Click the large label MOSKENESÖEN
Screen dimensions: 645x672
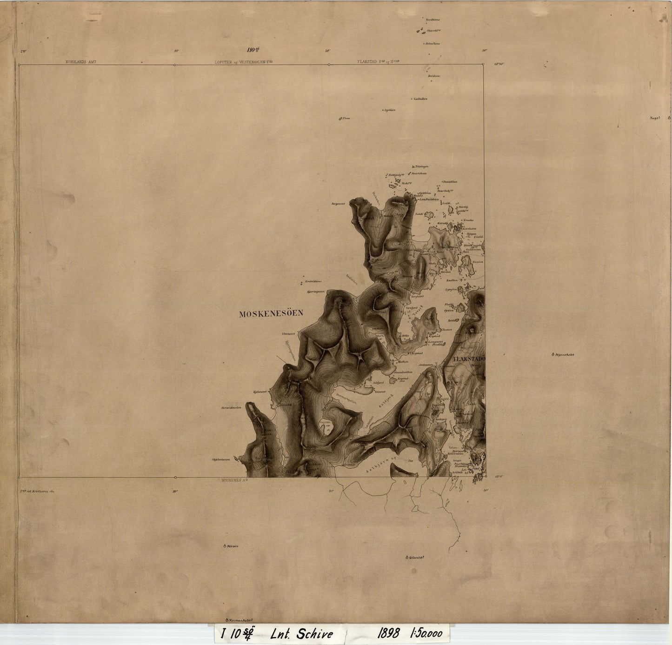tap(271, 314)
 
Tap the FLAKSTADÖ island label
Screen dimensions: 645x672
tap(469, 359)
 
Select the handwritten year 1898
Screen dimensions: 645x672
tap(389, 633)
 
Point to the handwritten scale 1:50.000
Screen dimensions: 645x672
tap(426, 633)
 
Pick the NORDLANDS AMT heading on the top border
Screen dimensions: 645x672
tap(80, 61)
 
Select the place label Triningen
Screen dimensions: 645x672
tap(421, 166)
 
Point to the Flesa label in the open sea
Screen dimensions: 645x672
tap(346, 119)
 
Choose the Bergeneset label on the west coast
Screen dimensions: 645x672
tap(339, 204)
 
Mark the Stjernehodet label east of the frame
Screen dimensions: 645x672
tap(564, 355)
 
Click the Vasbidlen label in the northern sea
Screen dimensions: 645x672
tap(420, 99)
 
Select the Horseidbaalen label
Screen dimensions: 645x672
tap(231, 408)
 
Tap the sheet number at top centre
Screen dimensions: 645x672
tap(253, 50)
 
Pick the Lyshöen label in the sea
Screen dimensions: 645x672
tap(390, 110)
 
